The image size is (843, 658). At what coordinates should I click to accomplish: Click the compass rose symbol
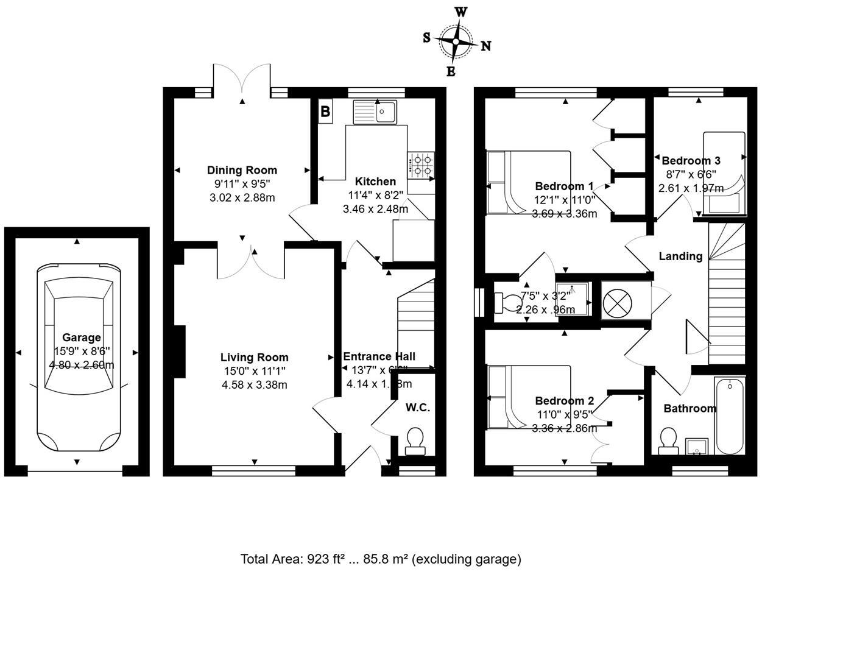pyautogui.click(x=456, y=41)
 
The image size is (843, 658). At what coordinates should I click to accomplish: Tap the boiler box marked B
pyautogui.click(x=325, y=111)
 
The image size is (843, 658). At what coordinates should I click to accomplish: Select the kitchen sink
pyautogui.click(x=375, y=112)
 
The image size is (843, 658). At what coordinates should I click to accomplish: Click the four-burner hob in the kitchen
pyautogui.click(x=421, y=166)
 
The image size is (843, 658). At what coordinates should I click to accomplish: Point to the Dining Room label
pyautogui.click(x=242, y=171)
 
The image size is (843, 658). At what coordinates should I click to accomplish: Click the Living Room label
pyautogui.click(x=254, y=358)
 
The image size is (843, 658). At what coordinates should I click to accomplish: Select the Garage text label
pyautogui.click(x=82, y=338)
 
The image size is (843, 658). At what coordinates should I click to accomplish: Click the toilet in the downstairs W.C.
pyautogui.click(x=415, y=441)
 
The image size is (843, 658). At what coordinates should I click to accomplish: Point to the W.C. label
pyautogui.click(x=418, y=408)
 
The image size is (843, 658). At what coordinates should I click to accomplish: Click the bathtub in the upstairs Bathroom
pyautogui.click(x=729, y=416)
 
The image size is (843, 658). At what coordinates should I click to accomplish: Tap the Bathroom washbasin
pyautogui.click(x=696, y=447)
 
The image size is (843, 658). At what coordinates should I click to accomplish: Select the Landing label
pyautogui.click(x=680, y=256)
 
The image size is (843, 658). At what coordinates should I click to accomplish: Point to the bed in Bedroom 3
pyautogui.click(x=724, y=174)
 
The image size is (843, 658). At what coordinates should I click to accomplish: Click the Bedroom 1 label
pyautogui.click(x=564, y=186)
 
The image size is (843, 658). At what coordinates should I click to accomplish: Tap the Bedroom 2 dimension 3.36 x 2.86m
pyautogui.click(x=564, y=428)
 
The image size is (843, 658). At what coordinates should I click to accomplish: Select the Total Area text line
pyautogui.click(x=381, y=559)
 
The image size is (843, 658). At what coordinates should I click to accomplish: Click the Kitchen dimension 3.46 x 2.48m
pyautogui.click(x=375, y=209)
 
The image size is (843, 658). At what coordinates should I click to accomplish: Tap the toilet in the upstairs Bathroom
pyautogui.click(x=668, y=441)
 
